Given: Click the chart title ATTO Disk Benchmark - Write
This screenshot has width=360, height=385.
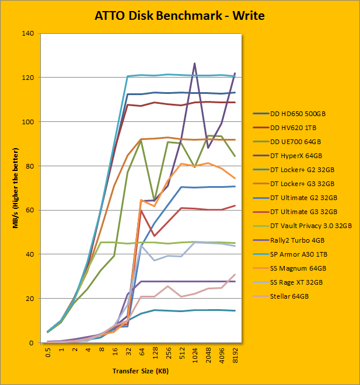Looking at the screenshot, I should [x=180, y=15].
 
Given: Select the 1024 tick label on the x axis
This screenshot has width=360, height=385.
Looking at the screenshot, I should [x=194, y=356].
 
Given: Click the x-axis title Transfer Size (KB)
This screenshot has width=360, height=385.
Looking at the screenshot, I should [x=142, y=372].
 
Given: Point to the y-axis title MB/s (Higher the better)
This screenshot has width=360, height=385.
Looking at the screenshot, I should [x=18, y=188].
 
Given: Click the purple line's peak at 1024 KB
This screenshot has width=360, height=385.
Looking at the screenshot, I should [x=194, y=63].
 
